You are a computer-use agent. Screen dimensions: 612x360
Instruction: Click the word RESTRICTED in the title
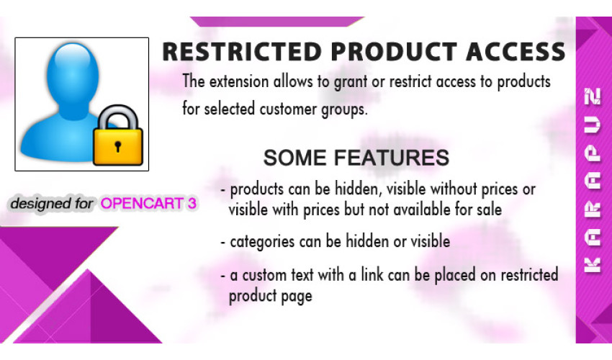click(241, 52)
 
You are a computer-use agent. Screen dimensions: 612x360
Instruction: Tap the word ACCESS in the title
click(516, 52)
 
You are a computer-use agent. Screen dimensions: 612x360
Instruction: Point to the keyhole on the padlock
click(118, 146)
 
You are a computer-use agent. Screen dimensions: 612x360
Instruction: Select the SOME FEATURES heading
click(356, 158)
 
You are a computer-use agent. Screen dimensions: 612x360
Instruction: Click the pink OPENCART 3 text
click(148, 204)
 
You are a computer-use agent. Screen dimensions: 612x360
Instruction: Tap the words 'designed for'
click(52, 204)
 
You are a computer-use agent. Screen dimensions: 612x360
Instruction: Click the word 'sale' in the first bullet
click(489, 210)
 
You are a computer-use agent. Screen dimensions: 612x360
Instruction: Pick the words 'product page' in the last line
click(271, 296)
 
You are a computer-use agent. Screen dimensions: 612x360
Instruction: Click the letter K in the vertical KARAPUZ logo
click(592, 266)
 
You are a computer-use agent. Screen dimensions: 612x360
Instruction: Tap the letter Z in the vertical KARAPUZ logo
click(592, 96)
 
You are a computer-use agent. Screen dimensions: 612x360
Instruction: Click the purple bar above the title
click(277, 22)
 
